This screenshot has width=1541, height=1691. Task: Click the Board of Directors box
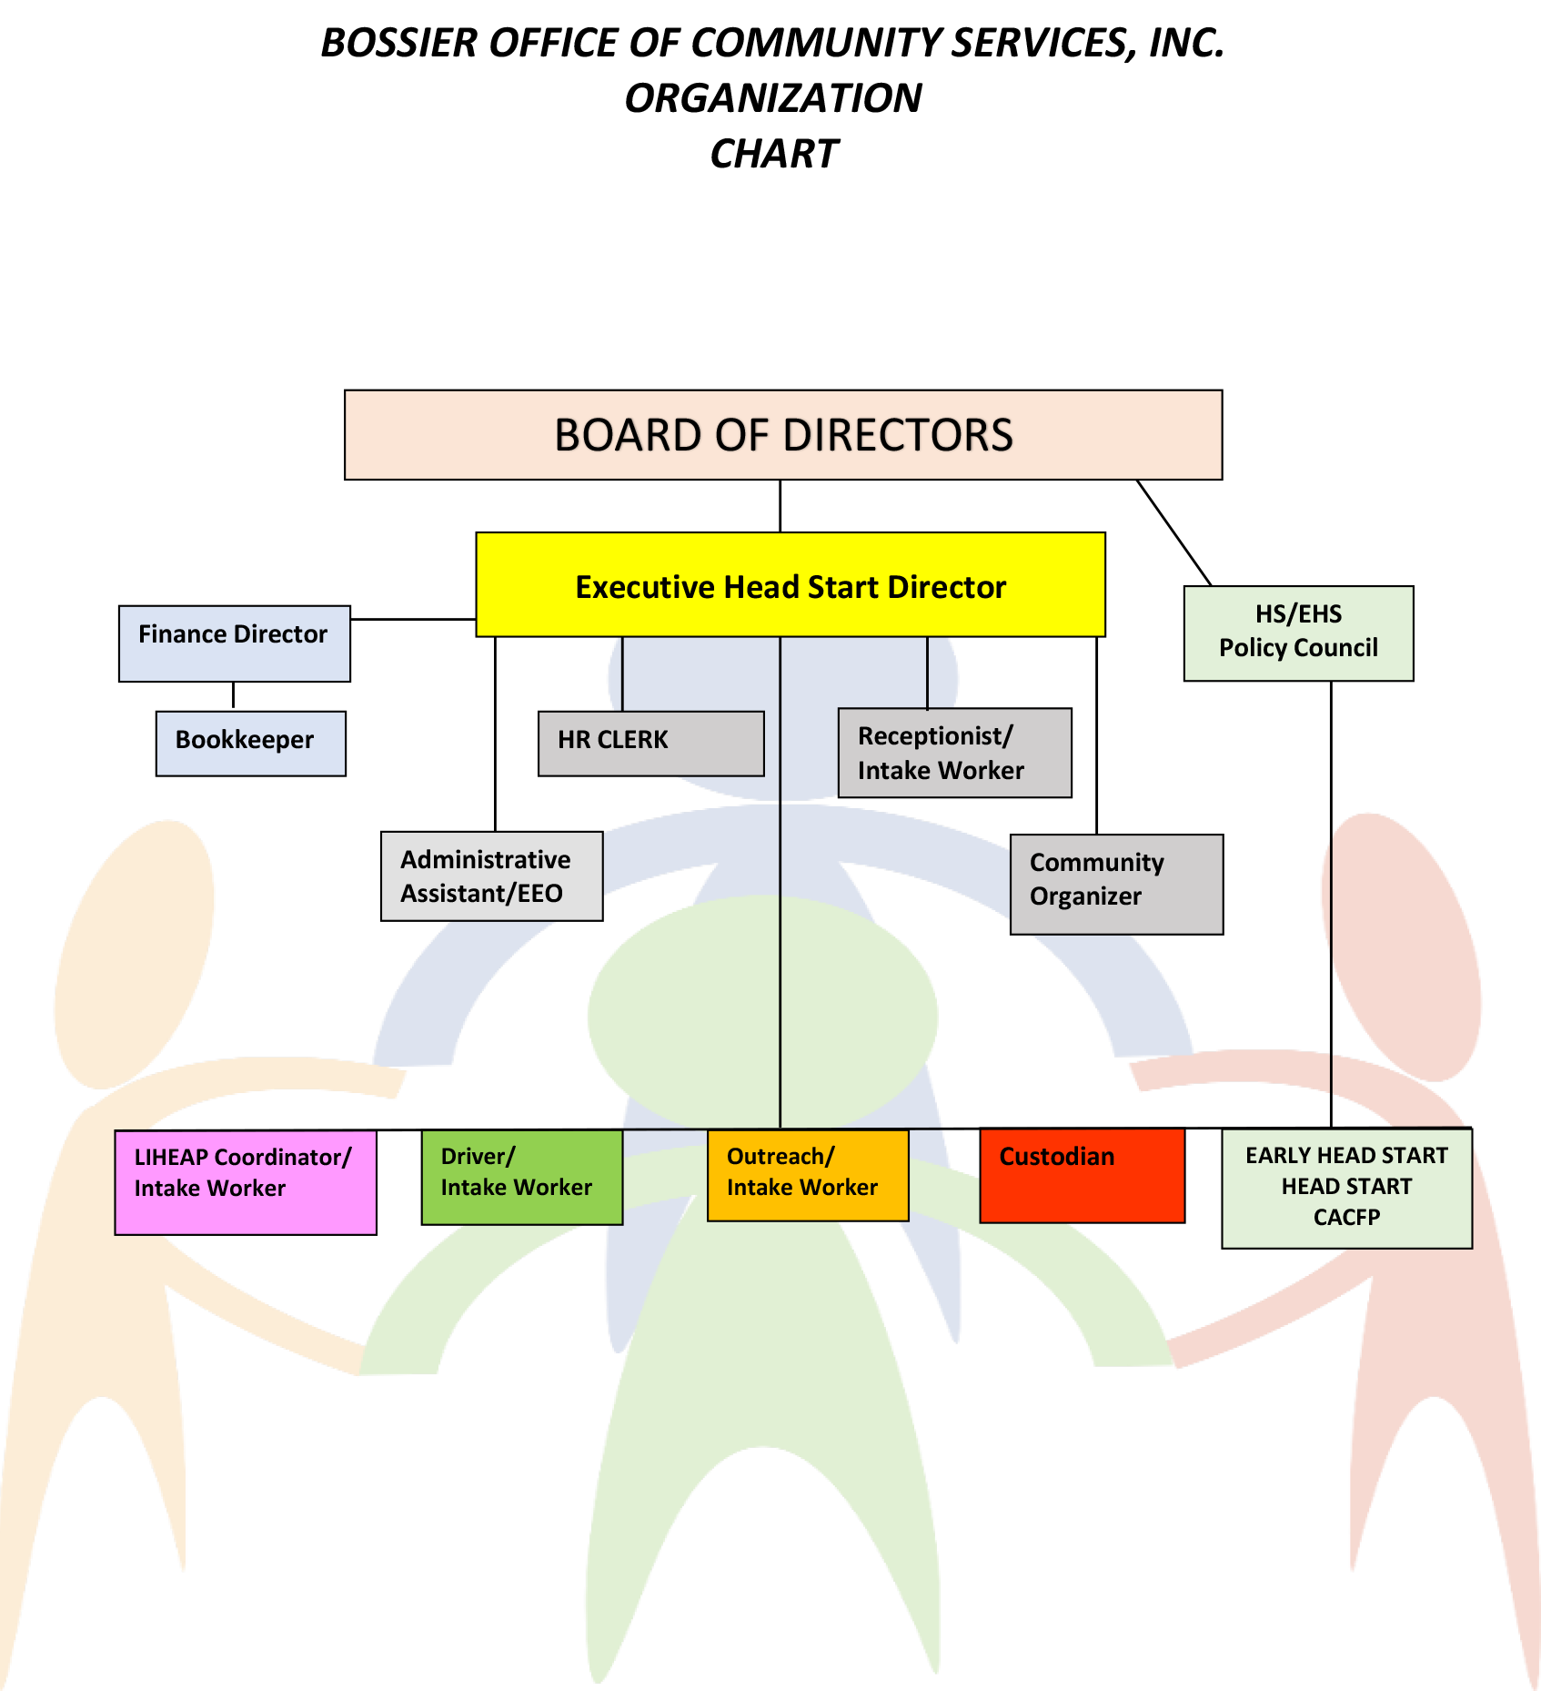[782, 435]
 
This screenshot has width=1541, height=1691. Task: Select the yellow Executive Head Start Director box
[790, 585]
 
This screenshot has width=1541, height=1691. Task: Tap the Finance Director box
[234, 643]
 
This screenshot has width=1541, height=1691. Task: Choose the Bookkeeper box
[250, 744]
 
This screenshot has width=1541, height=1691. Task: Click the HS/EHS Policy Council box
[1298, 633]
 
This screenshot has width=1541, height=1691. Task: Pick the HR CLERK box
[650, 743]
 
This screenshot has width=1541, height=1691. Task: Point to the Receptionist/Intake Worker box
[953, 753]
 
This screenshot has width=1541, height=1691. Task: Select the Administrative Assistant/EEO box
[491, 876]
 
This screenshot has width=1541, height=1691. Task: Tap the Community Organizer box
[1116, 884]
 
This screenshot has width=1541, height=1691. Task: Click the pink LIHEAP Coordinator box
[245, 1182]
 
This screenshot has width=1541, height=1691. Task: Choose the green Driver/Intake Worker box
[522, 1177]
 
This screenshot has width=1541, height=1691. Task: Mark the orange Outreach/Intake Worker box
[807, 1175]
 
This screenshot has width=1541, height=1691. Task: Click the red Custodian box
[1082, 1175]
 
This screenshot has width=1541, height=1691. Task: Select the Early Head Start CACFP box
[1346, 1188]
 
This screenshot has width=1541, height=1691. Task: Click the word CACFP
[1346, 1218]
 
